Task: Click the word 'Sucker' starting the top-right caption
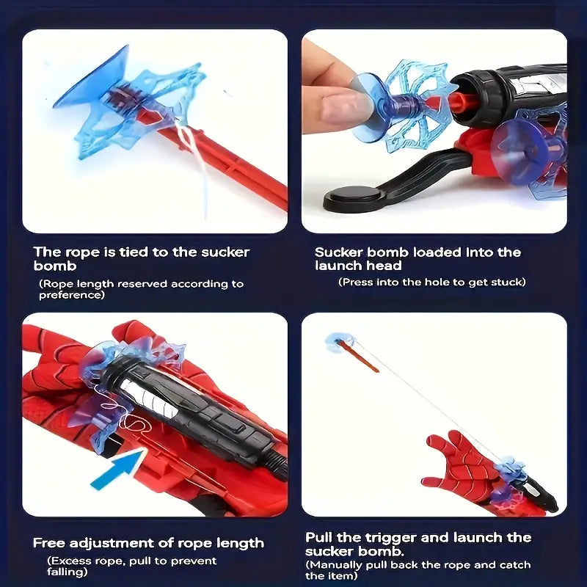[339, 252]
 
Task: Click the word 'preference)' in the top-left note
[72, 295]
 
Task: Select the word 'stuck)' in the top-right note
[508, 282]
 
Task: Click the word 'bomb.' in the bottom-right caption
[387, 550]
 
